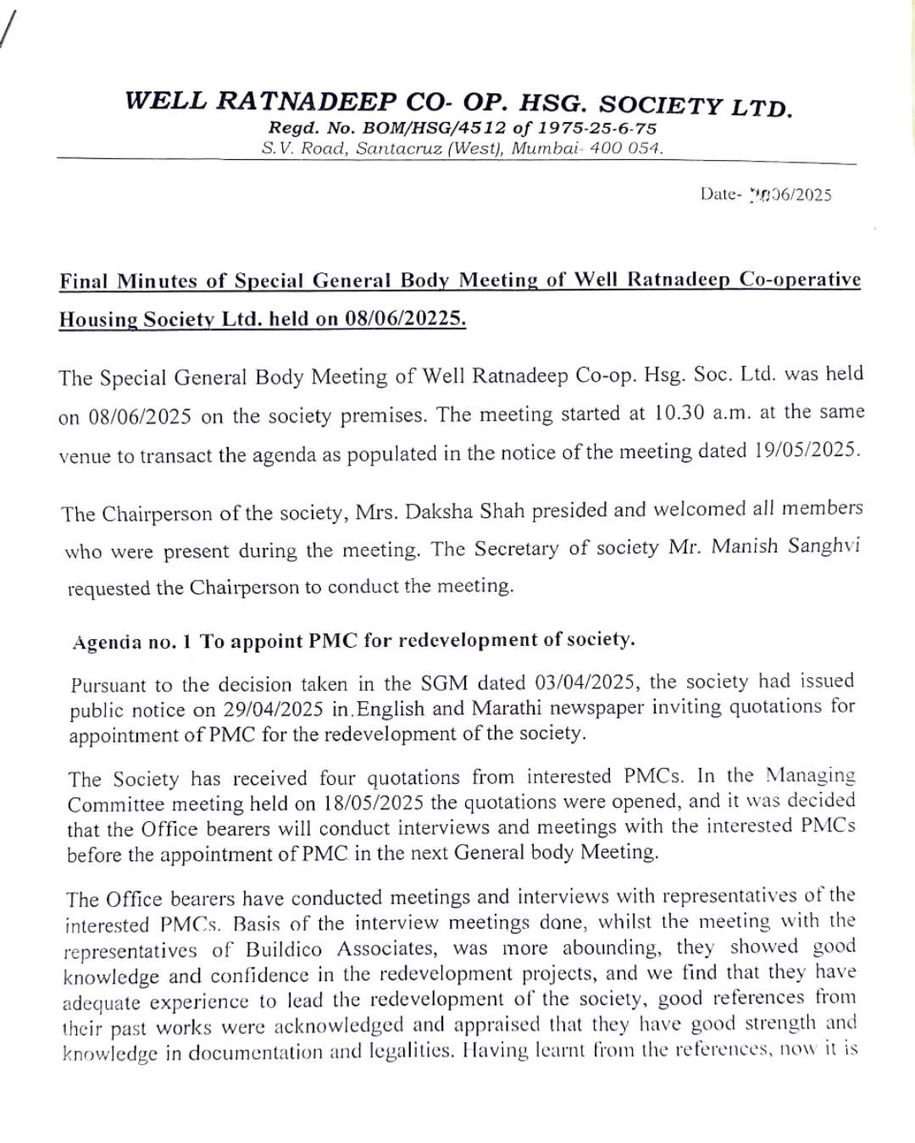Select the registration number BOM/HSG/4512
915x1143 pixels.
pyautogui.click(x=385, y=129)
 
